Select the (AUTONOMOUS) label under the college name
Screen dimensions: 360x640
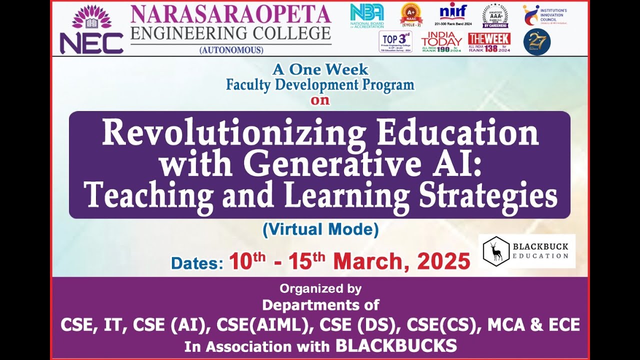(231, 50)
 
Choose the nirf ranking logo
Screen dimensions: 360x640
(453, 14)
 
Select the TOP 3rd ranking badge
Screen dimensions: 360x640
(395, 41)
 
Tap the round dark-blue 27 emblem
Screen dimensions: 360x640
(536, 42)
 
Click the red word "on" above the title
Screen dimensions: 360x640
(320, 100)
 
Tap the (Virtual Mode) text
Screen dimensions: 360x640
(320, 229)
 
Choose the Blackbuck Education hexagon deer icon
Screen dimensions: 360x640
(496, 251)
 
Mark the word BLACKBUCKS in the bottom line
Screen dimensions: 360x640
(396, 345)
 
